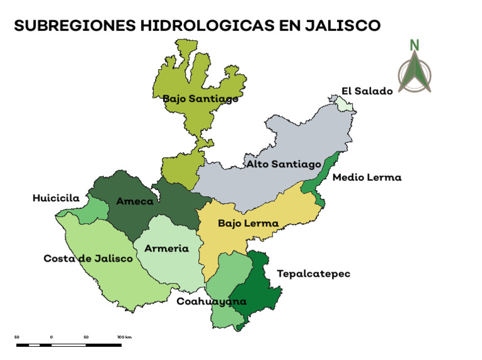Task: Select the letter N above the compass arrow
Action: [x=414, y=45]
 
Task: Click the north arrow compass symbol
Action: [x=414, y=73]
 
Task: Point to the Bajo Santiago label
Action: [x=200, y=98]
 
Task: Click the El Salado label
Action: [x=367, y=91]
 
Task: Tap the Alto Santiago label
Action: [x=283, y=164]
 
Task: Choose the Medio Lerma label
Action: [x=367, y=177]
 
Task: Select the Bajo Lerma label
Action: [x=248, y=223]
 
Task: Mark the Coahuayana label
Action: [x=211, y=302]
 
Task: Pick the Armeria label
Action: [x=166, y=248]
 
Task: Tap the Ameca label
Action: [x=134, y=201]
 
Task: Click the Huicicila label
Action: [x=56, y=198]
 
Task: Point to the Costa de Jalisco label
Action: [x=88, y=258]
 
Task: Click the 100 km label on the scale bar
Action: [x=124, y=337]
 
